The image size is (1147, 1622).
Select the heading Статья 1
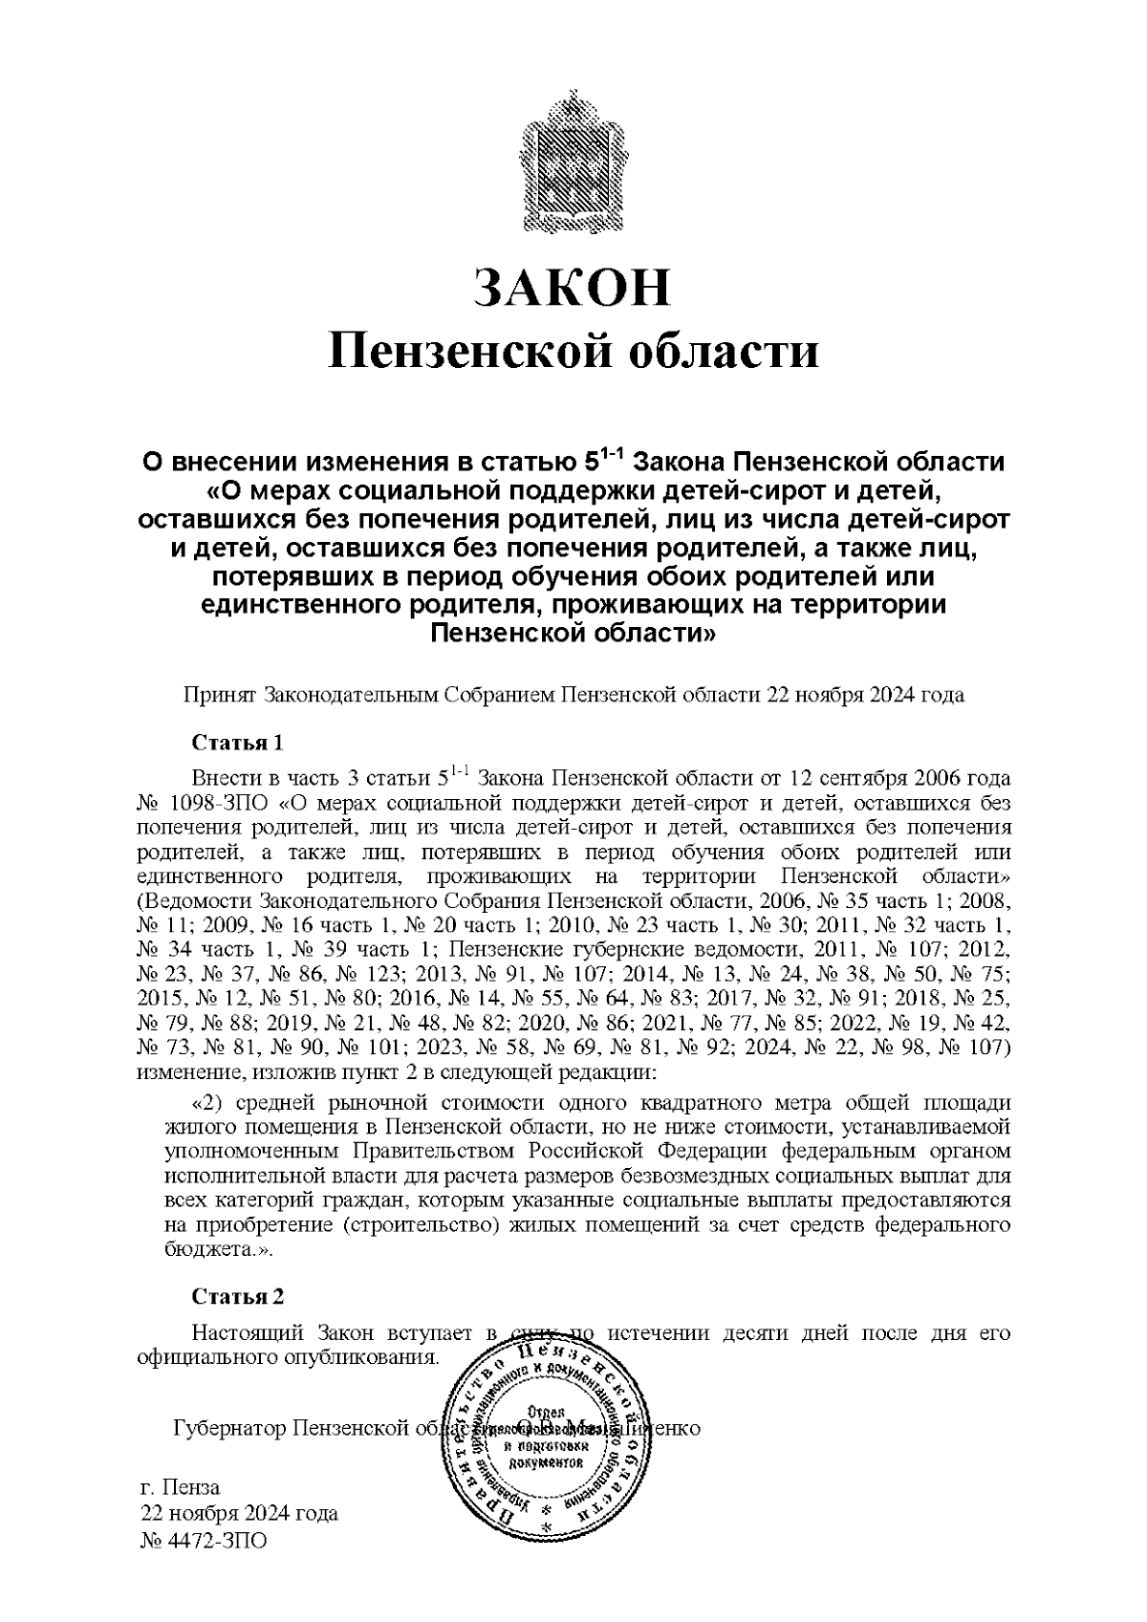(x=238, y=743)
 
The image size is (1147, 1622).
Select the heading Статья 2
(x=238, y=1296)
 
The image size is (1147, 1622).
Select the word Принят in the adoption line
(x=220, y=695)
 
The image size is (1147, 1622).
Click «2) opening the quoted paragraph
(x=206, y=1104)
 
